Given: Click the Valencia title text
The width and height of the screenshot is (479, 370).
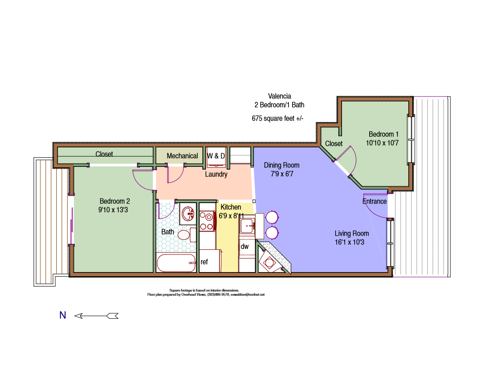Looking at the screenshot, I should (x=279, y=96).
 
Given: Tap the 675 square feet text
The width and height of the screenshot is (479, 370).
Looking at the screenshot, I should (x=277, y=118).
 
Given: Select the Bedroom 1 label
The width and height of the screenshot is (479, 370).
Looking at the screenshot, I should (x=383, y=134).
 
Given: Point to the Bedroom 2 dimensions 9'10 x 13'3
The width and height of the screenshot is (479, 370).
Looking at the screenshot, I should (x=115, y=210).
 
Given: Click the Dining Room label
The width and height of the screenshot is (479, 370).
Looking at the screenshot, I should (x=282, y=166).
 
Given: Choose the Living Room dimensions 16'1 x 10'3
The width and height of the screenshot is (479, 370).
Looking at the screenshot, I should (x=352, y=242).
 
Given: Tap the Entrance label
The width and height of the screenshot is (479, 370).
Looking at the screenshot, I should (x=374, y=201).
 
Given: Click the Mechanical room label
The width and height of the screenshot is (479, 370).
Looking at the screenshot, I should (x=182, y=156).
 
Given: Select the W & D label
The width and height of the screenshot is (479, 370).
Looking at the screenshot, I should (x=216, y=156).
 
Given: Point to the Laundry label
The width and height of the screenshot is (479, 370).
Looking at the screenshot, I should (x=216, y=174).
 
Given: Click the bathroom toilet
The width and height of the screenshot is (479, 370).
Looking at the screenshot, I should (x=184, y=235).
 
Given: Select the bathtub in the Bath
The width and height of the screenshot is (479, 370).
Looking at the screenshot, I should (x=176, y=263).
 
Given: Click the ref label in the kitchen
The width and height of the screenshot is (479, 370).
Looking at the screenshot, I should (x=204, y=262).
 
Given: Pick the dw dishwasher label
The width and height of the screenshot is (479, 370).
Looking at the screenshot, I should (x=244, y=247).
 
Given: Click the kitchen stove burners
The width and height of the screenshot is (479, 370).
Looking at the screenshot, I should (x=207, y=222).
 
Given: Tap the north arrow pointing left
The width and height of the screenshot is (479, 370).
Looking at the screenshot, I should (x=96, y=316).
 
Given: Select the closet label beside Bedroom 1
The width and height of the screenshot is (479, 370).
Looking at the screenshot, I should (x=334, y=143).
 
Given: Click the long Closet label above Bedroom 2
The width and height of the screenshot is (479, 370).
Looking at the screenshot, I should (x=104, y=154).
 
